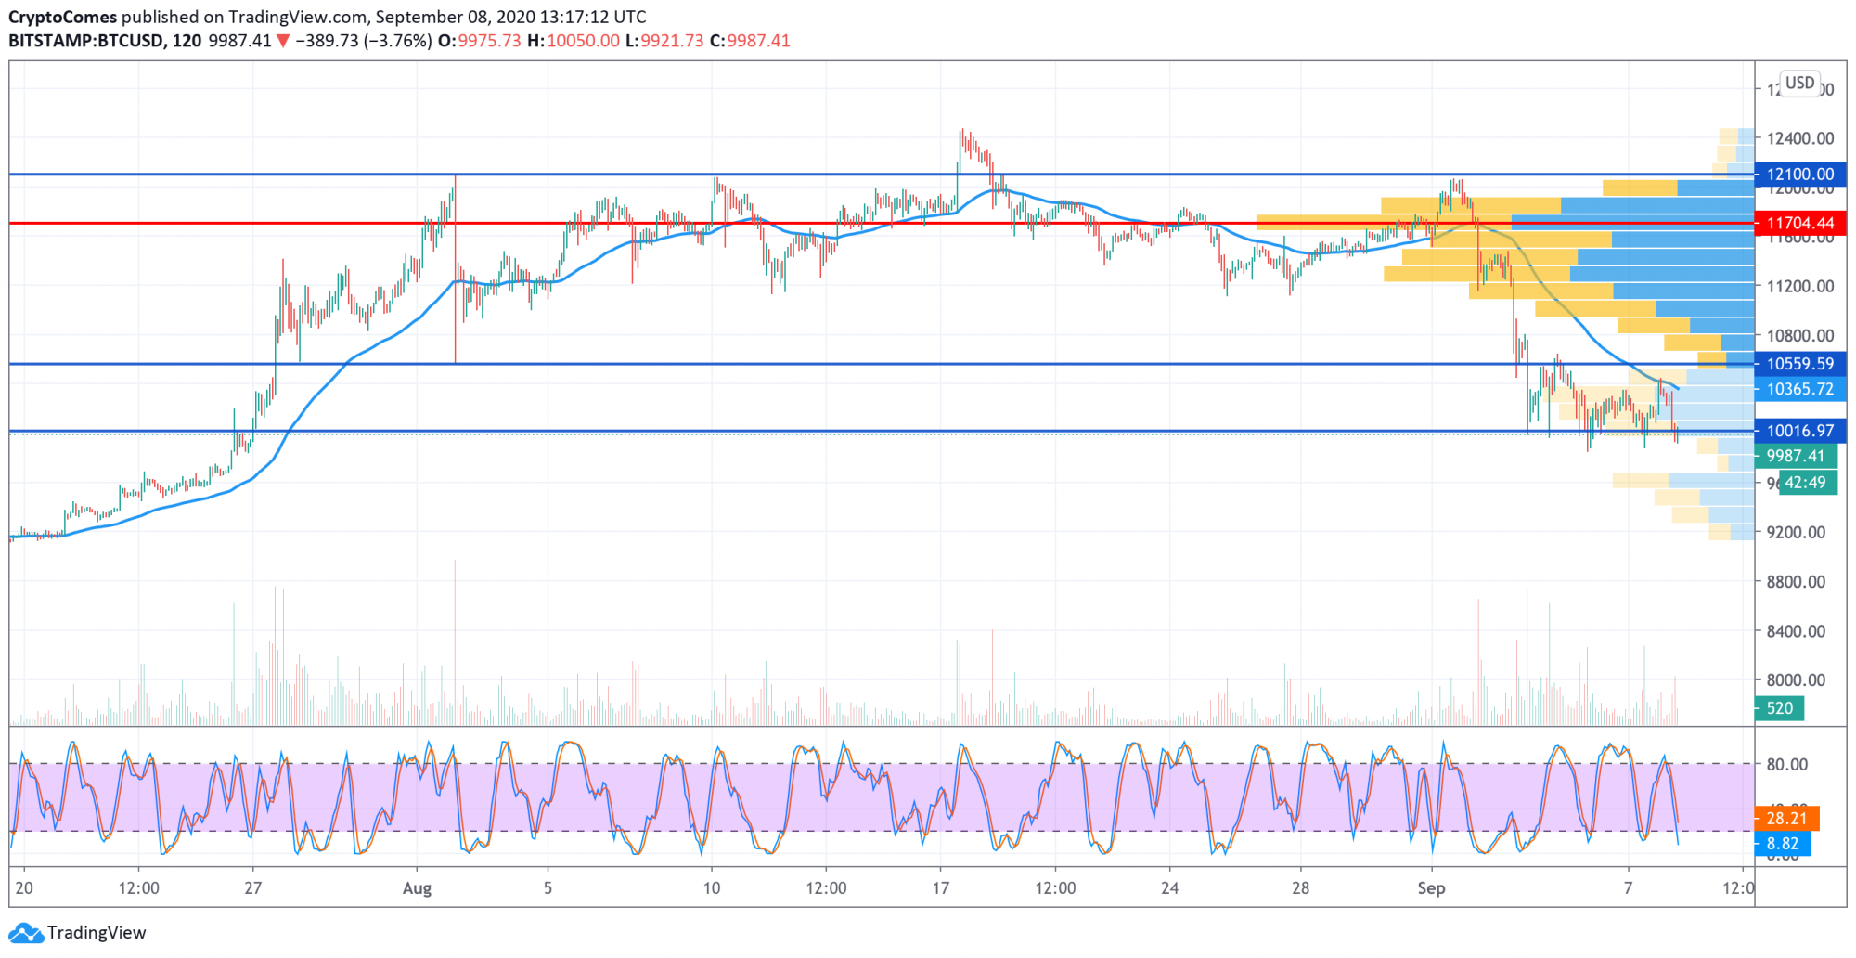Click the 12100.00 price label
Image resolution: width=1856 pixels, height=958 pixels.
point(1799,175)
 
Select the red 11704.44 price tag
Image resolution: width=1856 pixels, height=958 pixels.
point(1799,223)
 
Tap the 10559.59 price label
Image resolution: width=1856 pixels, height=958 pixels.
point(1799,364)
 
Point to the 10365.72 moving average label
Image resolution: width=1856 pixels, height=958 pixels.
point(1799,389)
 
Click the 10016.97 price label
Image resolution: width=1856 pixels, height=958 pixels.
point(1799,431)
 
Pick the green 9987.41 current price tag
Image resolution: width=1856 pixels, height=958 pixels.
point(1795,456)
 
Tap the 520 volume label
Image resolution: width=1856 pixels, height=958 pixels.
point(1779,708)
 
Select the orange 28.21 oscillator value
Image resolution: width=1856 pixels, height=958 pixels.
point(1786,819)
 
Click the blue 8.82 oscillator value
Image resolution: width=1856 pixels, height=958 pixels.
point(1782,844)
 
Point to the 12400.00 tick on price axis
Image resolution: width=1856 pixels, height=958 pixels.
point(1799,138)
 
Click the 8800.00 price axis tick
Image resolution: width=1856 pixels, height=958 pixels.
point(1796,582)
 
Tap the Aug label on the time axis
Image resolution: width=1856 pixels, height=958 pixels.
point(417,888)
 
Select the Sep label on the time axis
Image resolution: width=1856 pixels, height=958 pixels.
point(1431,888)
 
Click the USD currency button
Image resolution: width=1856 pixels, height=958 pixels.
point(1799,84)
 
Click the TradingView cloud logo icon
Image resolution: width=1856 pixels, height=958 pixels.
point(25,933)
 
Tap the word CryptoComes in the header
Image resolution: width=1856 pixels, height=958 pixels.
point(63,17)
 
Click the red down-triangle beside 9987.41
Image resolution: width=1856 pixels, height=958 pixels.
point(283,42)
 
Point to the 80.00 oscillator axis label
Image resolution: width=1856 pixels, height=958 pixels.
point(1786,765)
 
